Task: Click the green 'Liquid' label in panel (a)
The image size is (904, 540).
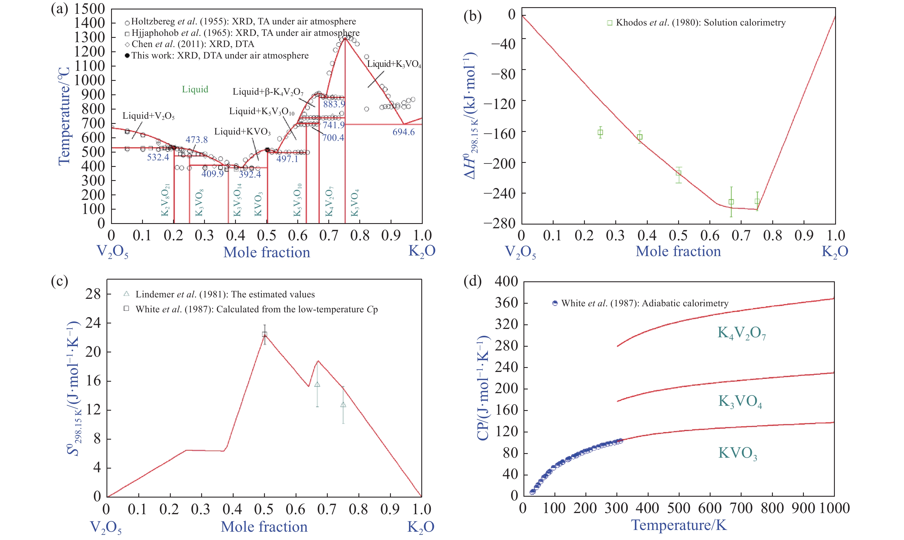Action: (x=195, y=89)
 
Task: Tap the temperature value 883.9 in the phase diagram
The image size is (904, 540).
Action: (x=334, y=104)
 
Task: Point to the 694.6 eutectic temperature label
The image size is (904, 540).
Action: (x=403, y=132)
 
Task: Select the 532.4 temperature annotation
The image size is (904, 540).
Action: (x=158, y=157)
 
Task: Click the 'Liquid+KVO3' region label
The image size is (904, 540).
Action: (x=243, y=132)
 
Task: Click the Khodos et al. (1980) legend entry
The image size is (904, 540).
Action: (x=696, y=23)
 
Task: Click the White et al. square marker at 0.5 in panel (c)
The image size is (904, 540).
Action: (x=265, y=334)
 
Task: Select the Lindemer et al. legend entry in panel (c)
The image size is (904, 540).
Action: (x=220, y=295)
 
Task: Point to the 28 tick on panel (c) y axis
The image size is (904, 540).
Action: (x=93, y=294)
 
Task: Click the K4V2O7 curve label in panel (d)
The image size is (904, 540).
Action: (x=741, y=333)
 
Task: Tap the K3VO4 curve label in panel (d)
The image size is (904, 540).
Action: (x=740, y=401)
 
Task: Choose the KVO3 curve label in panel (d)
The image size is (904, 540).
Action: (x=737, y=453)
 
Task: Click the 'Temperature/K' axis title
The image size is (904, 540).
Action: (x=679, y=525)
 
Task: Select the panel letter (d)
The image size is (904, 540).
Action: (x=472, y=281)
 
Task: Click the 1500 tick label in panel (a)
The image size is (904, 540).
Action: (x=90, y=9)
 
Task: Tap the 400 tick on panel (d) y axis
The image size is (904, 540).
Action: (x=506, y=281)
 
